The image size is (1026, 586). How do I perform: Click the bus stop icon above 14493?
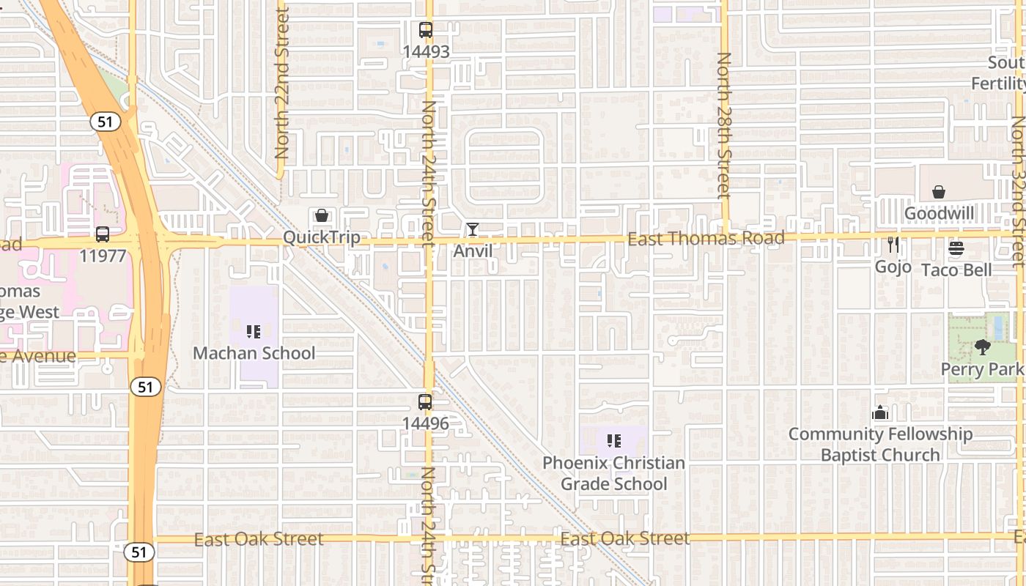pos(425,30)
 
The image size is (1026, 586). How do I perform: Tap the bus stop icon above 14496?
pos(425,401)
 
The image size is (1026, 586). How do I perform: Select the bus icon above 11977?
pos(103,234)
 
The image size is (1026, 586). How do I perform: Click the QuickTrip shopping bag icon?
pos(321,215)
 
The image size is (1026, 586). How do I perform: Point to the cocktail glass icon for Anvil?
pos(473,229)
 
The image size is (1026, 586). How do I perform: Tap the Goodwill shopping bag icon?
pos(938,192)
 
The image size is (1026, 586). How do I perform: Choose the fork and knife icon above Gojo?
pos(893,245)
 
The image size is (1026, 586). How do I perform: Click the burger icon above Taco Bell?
pos(956,248)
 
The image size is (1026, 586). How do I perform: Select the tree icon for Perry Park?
pos(982,347)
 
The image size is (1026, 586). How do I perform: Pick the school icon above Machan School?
pos(254,332)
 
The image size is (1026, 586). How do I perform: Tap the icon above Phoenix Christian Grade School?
pos(613,441)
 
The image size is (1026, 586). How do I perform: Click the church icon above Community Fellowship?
pos(879,412)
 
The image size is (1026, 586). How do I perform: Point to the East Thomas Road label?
pos(706,238)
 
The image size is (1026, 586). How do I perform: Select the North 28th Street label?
pos(724,125)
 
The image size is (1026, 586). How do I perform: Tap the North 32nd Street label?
pos(1018,190)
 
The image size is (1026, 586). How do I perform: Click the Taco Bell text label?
pos(956,270)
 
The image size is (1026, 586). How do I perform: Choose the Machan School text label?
pos(254,353)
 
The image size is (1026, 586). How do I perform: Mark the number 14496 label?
pos(425,423)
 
